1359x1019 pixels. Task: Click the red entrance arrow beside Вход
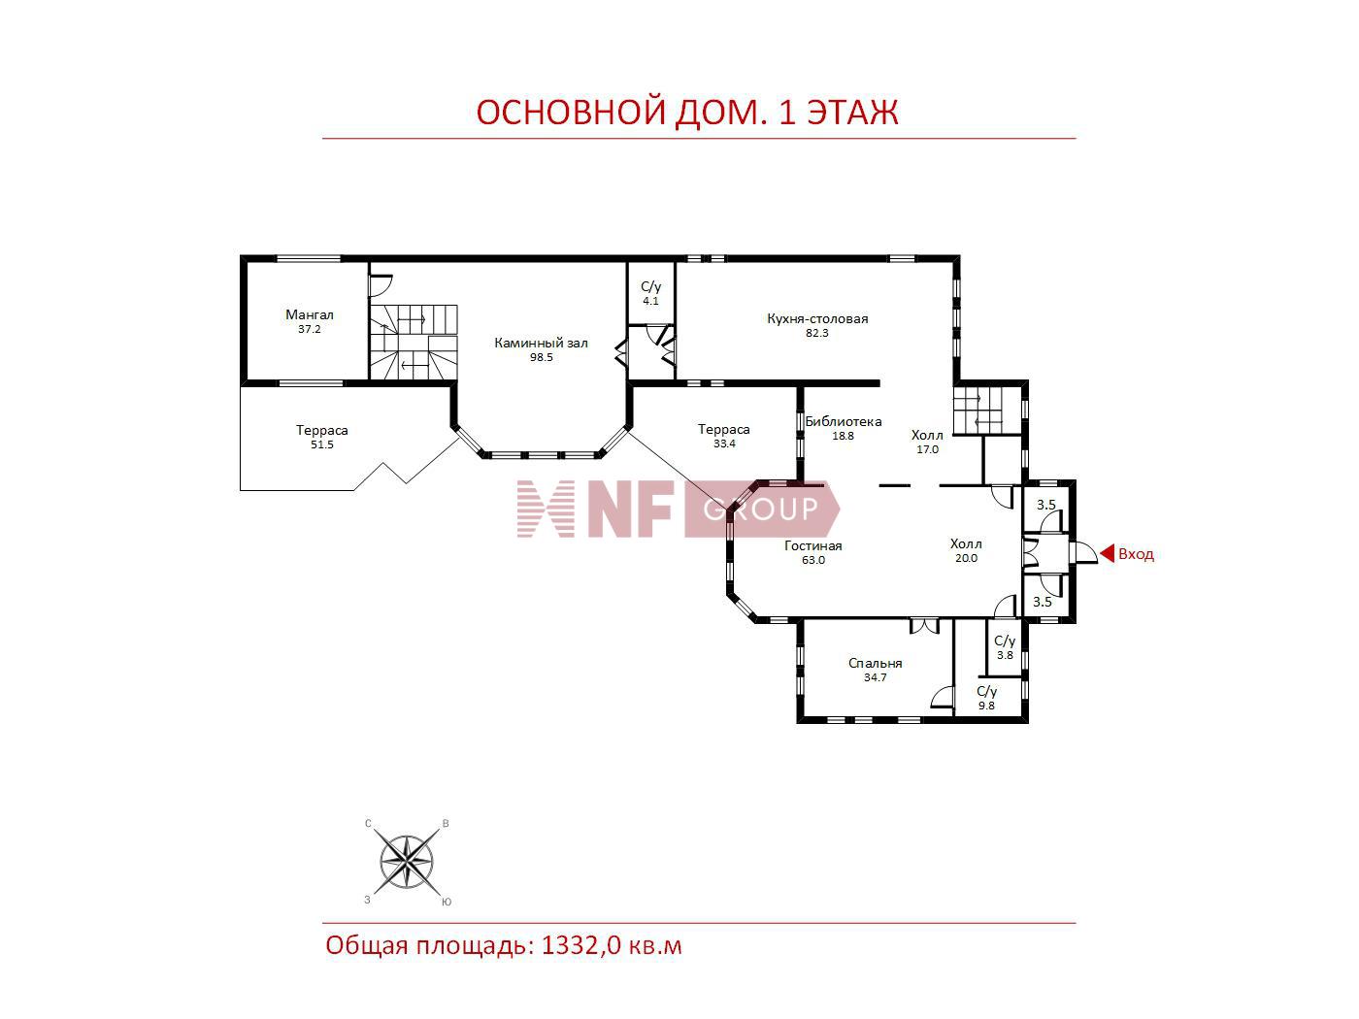(x=1107, y=553)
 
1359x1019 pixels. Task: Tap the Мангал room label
(x=310, y=314)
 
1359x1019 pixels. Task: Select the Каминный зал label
(x=541, y=343)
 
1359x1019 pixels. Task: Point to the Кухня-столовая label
(x=817, y=318)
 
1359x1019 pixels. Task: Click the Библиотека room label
(x=844, y=421)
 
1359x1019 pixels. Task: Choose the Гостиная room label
(x=812, y=545)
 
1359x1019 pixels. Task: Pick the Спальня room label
(x=875, y=663)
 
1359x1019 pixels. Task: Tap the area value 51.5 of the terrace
(x=322, y=444)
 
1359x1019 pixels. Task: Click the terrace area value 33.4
(x=724, y=444)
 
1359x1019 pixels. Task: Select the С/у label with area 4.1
(x=650, y=286)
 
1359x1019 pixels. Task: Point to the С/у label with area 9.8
(x=986, y=691)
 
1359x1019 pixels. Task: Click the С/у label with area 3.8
(x=1005, y=641)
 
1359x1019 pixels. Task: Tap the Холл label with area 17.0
(x=927, y=435)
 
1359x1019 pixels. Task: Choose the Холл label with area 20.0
(x=966, y=543)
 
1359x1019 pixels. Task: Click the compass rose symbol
(x=407, y=861)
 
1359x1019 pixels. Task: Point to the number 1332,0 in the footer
(x=581, y=946)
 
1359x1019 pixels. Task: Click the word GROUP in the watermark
(x=761, y=509)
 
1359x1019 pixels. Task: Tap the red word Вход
(x=1136, y=554)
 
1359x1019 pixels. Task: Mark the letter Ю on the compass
(x=447, y=903)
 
